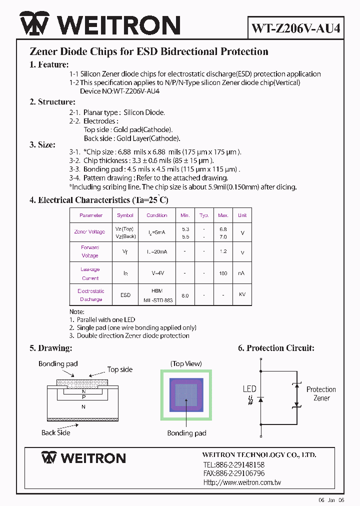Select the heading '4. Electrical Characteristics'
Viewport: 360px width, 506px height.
[98, 200]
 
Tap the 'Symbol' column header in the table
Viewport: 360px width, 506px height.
[125, 215]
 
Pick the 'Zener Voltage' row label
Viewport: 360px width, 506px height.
[89, 231]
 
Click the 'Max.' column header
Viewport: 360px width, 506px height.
[223, 215]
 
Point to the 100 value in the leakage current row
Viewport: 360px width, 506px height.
[223, 273]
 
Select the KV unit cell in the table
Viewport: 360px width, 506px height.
[242, 295]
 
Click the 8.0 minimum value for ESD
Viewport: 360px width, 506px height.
[185, 295]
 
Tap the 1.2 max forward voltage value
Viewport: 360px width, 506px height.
[223, 252]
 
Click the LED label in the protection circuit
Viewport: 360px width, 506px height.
[249, 389]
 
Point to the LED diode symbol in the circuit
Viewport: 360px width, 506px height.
[260, 399]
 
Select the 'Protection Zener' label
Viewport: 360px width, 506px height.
[321, 393]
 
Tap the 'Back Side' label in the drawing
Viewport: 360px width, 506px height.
[56, 432]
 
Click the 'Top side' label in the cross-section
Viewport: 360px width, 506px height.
[120, 369]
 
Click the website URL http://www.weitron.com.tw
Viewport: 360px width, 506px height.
[242, 482]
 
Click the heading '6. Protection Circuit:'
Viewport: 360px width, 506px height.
[276, 348]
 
